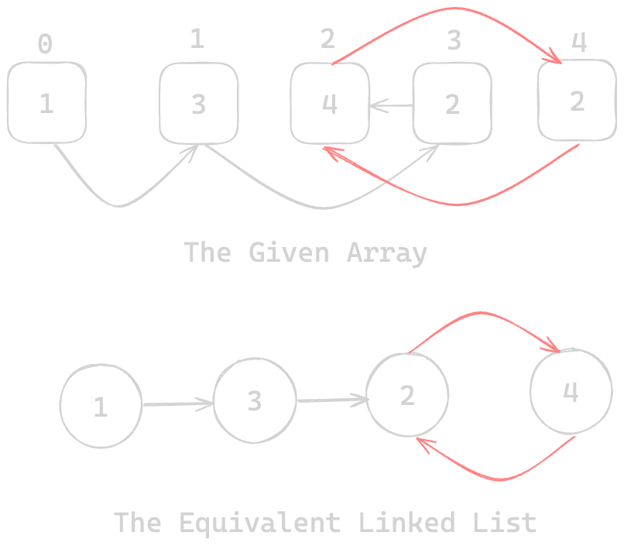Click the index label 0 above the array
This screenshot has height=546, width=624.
point(46,45)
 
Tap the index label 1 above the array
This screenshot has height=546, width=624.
point(197,39)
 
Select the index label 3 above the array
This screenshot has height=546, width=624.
point(454,40)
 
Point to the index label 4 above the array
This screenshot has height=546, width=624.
point(578,42)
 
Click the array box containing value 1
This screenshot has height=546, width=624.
point(46,104)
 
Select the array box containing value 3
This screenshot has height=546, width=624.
point(198,104)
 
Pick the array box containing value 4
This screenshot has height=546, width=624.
point(330,104)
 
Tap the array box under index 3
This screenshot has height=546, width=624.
point(452,104)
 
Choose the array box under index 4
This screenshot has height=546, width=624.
point(577,101)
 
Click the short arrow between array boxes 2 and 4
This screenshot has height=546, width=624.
point(391,105)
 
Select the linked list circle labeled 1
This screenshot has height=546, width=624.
point(101,406)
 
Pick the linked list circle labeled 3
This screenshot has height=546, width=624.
point(255,400)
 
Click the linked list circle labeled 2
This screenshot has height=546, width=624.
point(407,395)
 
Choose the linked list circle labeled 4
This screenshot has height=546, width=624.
point(570,391)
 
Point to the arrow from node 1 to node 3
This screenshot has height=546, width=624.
point(177,404)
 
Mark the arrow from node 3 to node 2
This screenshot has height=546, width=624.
point(331,400)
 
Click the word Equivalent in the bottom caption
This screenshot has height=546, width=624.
point(259,522)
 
